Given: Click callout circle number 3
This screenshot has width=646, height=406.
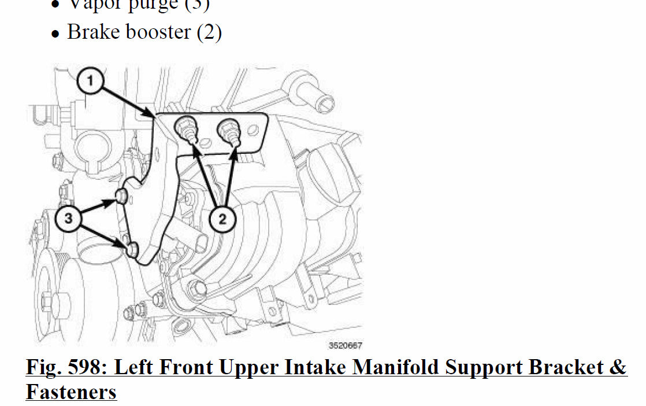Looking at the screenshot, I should pos(69,219).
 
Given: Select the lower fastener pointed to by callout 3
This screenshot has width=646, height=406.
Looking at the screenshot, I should pos(132,249).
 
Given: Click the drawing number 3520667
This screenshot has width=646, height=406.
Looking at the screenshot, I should pos(345,346).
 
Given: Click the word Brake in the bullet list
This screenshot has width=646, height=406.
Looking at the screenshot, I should pos(93,32).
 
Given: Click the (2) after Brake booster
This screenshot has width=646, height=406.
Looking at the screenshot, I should pos(209,32).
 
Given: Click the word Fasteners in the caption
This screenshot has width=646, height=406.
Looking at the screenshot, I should pos(71,393).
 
